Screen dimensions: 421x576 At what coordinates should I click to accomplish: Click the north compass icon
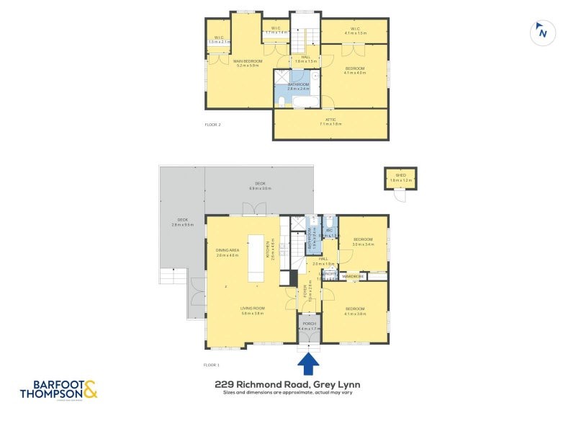click(541, 32)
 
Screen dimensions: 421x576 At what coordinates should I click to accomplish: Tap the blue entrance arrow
click(309, 363)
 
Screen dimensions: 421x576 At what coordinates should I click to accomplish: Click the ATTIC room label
click(330, 120)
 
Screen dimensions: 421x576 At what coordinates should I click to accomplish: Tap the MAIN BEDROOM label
click(248, 61)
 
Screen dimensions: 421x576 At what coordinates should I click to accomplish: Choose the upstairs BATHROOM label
click(299, 84)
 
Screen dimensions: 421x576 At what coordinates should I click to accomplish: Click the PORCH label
click(309, 324)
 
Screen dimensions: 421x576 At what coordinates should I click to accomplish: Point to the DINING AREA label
click(227, 250)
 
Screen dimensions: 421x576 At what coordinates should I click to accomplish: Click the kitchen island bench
click(256, 257)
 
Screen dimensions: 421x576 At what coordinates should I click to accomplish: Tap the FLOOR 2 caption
click(213, 125)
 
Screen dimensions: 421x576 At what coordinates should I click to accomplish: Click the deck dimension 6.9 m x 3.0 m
click(260, 188)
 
